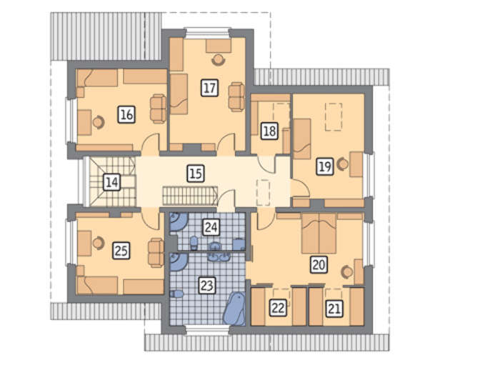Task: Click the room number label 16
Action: click(126, 114)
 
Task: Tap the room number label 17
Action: click(210, 88)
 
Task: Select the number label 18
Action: click(269, 131)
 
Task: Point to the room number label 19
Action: click(325, 166)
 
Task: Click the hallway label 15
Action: click(196, 174)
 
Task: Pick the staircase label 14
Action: click(112, 182)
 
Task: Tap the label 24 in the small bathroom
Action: click(211, 227)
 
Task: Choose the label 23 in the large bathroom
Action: click(206, 285)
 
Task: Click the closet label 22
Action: click(278, 308)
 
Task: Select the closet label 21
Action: click(334, 309)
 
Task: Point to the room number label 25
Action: click(121, 251)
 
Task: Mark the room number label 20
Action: click(319, 264)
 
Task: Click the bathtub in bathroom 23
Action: click(234, 309)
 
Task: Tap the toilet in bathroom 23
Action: click(176, 294)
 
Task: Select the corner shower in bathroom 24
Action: click(178, 221)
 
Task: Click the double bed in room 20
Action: click(319, 234)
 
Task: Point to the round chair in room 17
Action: click(219, 60)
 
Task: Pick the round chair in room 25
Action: click(99, 243)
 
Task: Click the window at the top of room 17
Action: click(208, 33)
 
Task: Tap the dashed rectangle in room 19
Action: click(334, 116)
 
